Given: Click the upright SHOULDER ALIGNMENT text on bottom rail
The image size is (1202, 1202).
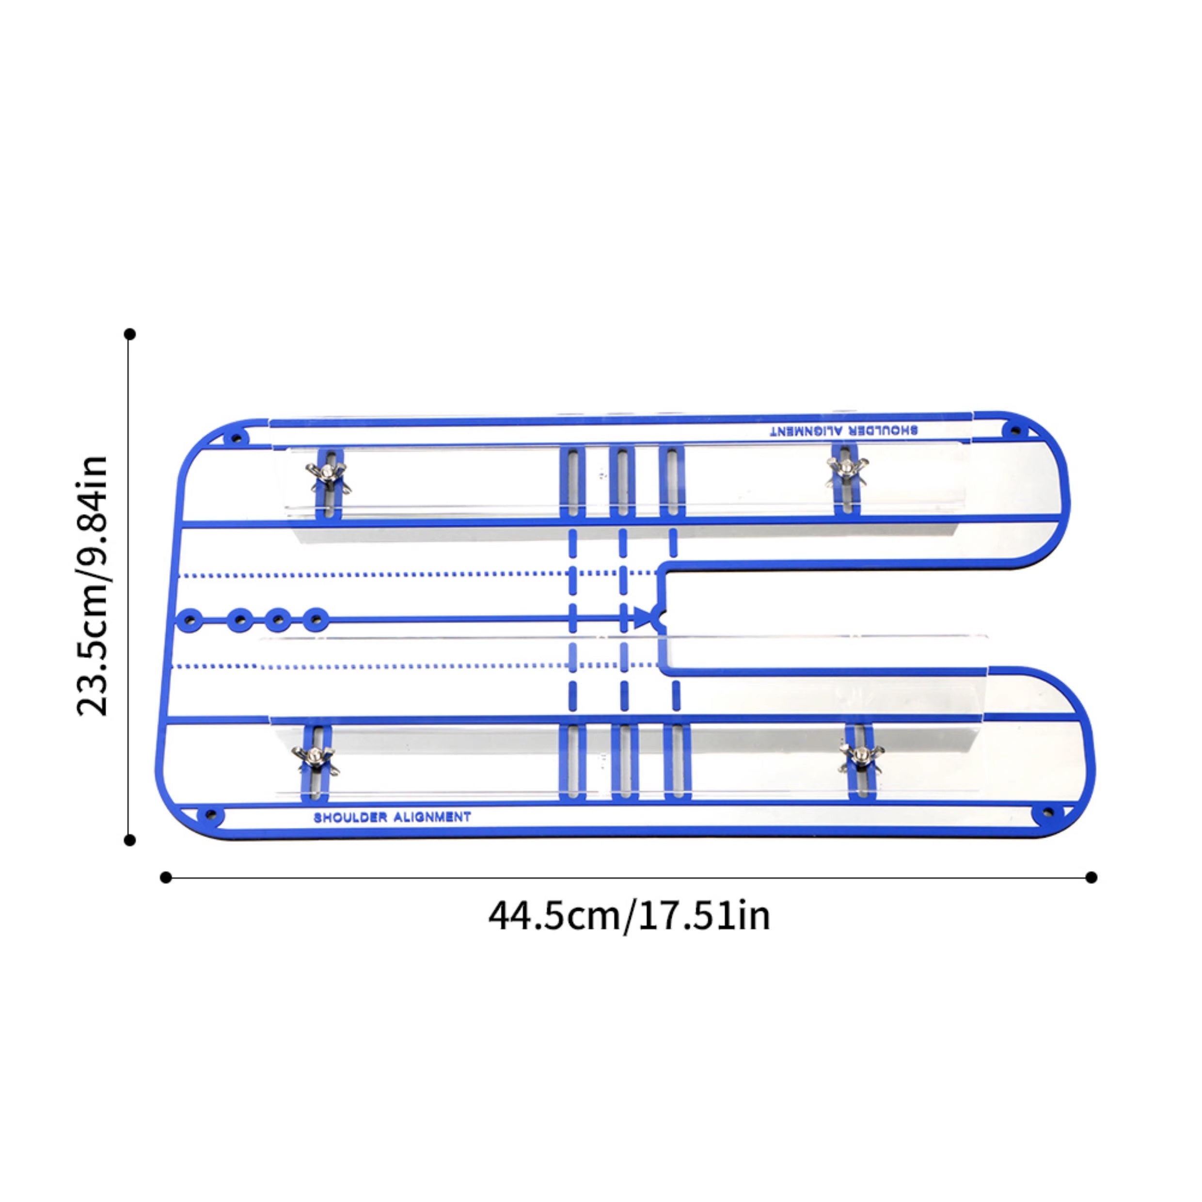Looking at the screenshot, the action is (393, 817).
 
